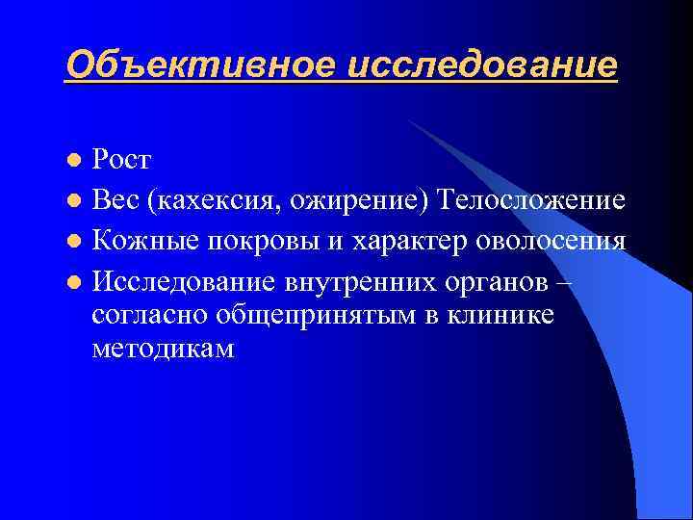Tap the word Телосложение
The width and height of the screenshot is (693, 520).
pyautogui.click(x=531, y=200)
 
